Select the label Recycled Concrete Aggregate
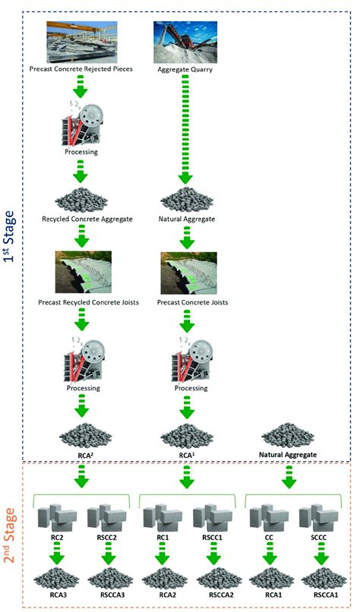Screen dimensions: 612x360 81,219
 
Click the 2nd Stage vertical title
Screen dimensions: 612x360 13,532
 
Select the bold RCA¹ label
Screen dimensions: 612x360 186,455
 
